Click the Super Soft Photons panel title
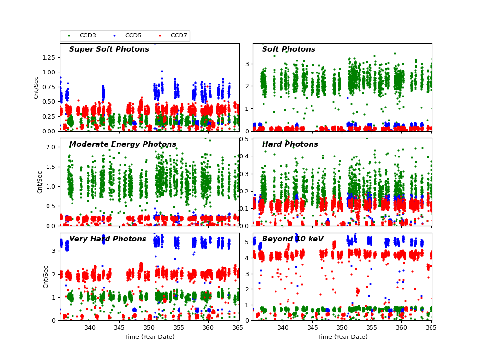(x=109, y=50)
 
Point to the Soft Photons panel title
(x=288, y=50)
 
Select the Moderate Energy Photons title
(x=122, y=145)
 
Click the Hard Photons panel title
(x=290, y=145)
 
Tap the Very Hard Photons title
(x=108, y=240)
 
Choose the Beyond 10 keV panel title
(x=293, y=240)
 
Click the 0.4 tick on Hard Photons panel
(x=245, y=156)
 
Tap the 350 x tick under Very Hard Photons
(x=149, y=328)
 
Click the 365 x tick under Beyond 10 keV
(x=432, y=328)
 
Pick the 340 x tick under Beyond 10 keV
(x=283, y=328)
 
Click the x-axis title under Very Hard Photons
(x=149, y=337)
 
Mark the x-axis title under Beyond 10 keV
(x=342, y=337)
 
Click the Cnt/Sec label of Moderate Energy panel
(x=40, y=182)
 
